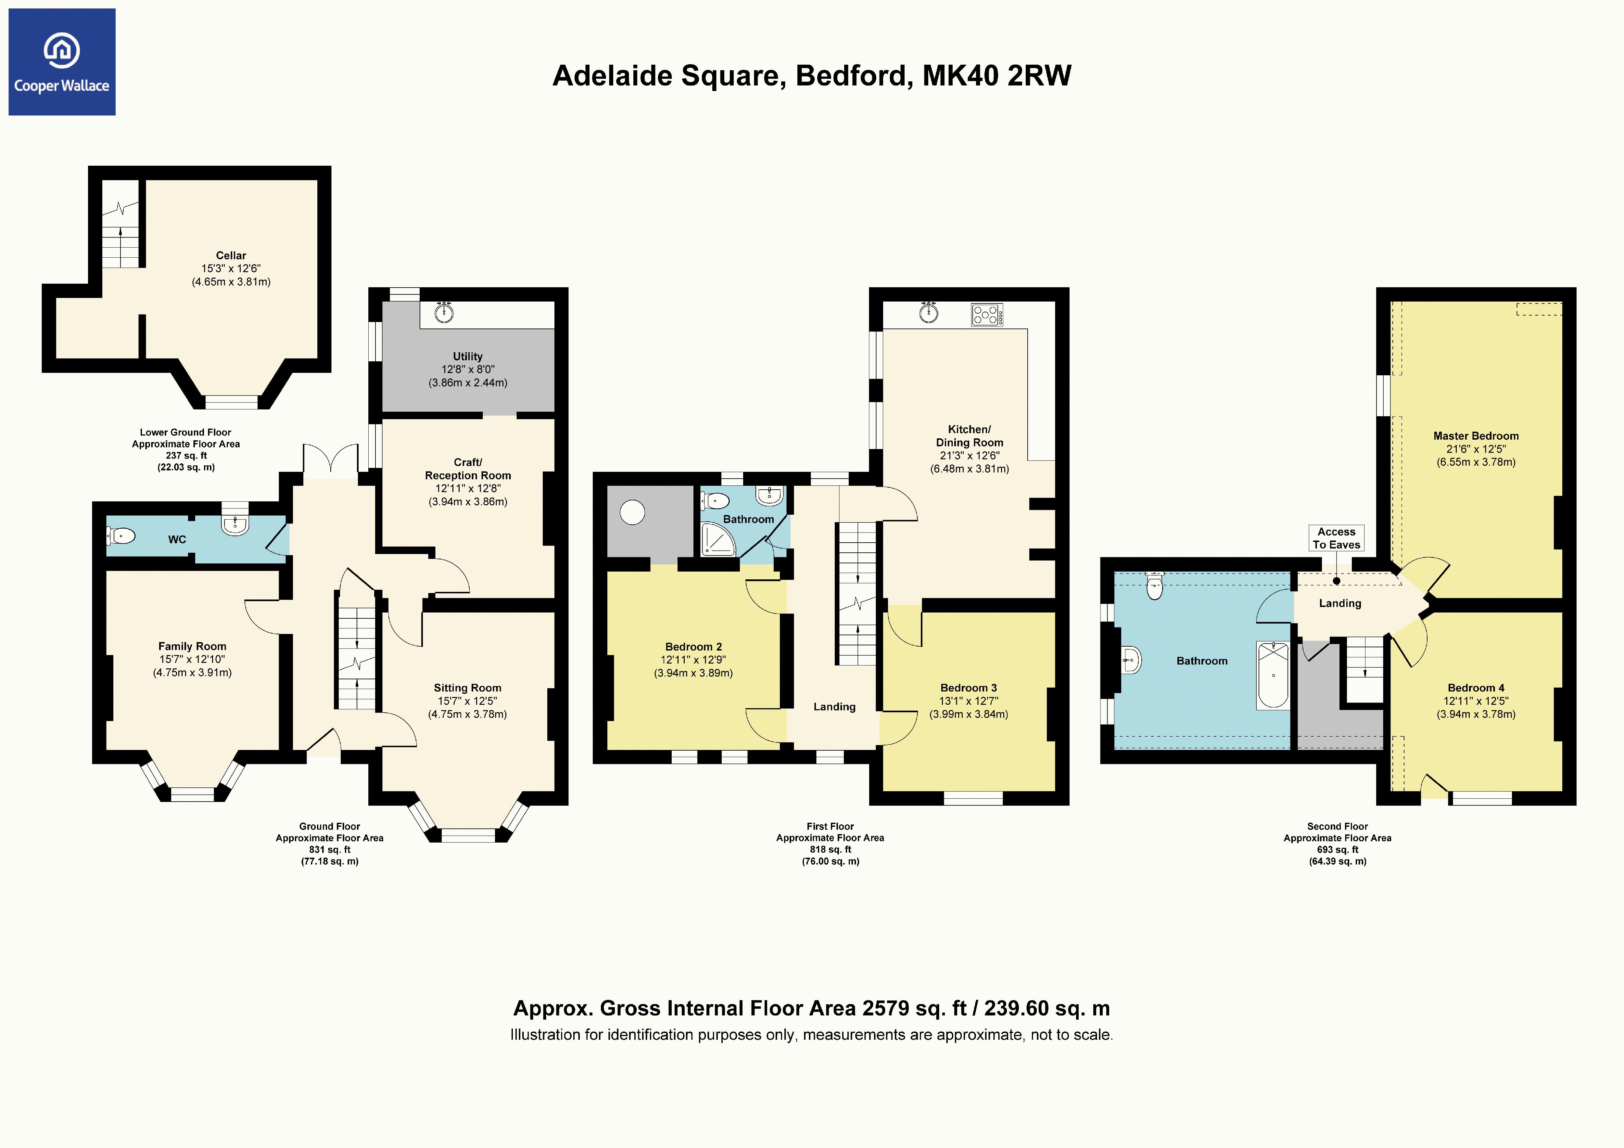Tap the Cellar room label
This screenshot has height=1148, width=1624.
(231, 255)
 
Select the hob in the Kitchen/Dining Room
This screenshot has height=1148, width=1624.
(987, 314)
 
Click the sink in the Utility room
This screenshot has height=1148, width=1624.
(444, 311)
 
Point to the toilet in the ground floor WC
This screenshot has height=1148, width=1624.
(122, 536)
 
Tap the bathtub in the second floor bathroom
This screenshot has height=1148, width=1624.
(1273, 675)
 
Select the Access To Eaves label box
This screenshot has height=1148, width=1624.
(1336, 538)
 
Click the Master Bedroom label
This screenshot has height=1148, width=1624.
(1476, 436)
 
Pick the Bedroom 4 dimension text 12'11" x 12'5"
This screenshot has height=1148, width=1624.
(1476, 701)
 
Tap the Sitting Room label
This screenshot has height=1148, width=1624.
(467, 688)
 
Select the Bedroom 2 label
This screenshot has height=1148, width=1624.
(693, 647)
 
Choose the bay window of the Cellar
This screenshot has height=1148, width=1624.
(231, 402)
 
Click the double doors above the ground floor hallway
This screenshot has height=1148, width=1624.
(330, 461)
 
